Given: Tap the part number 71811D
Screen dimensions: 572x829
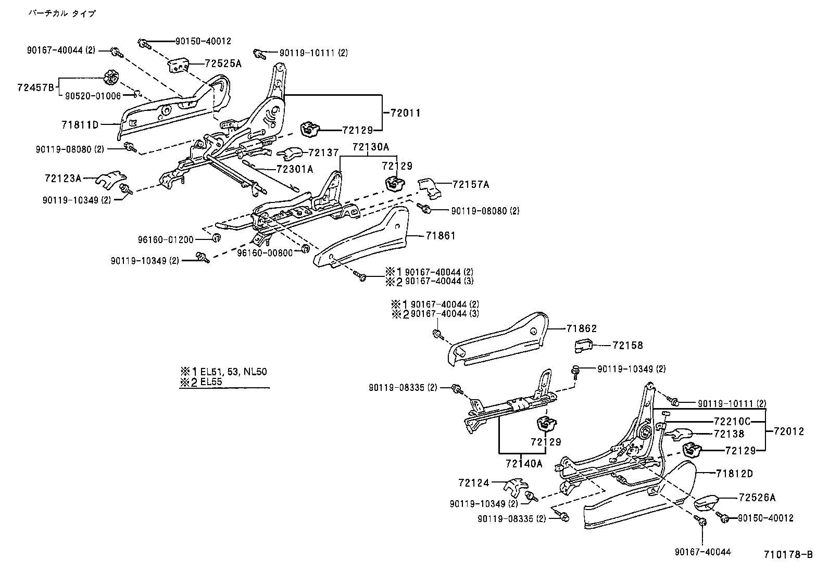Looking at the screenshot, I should point(80,124).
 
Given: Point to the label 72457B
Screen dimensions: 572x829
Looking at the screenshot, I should point(35,87).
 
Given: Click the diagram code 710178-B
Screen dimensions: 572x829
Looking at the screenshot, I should point(788,555).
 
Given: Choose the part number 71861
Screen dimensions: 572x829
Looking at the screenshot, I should point(440,236).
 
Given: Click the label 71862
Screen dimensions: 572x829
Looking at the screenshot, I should point(581,328).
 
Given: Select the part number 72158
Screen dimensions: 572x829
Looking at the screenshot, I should point(627,345).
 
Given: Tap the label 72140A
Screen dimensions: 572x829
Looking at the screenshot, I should point(524,463).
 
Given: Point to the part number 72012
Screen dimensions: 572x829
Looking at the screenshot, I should point(788,431).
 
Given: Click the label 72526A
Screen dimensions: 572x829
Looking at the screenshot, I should point(757,498).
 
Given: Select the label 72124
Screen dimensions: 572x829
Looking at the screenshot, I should point(474,482).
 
